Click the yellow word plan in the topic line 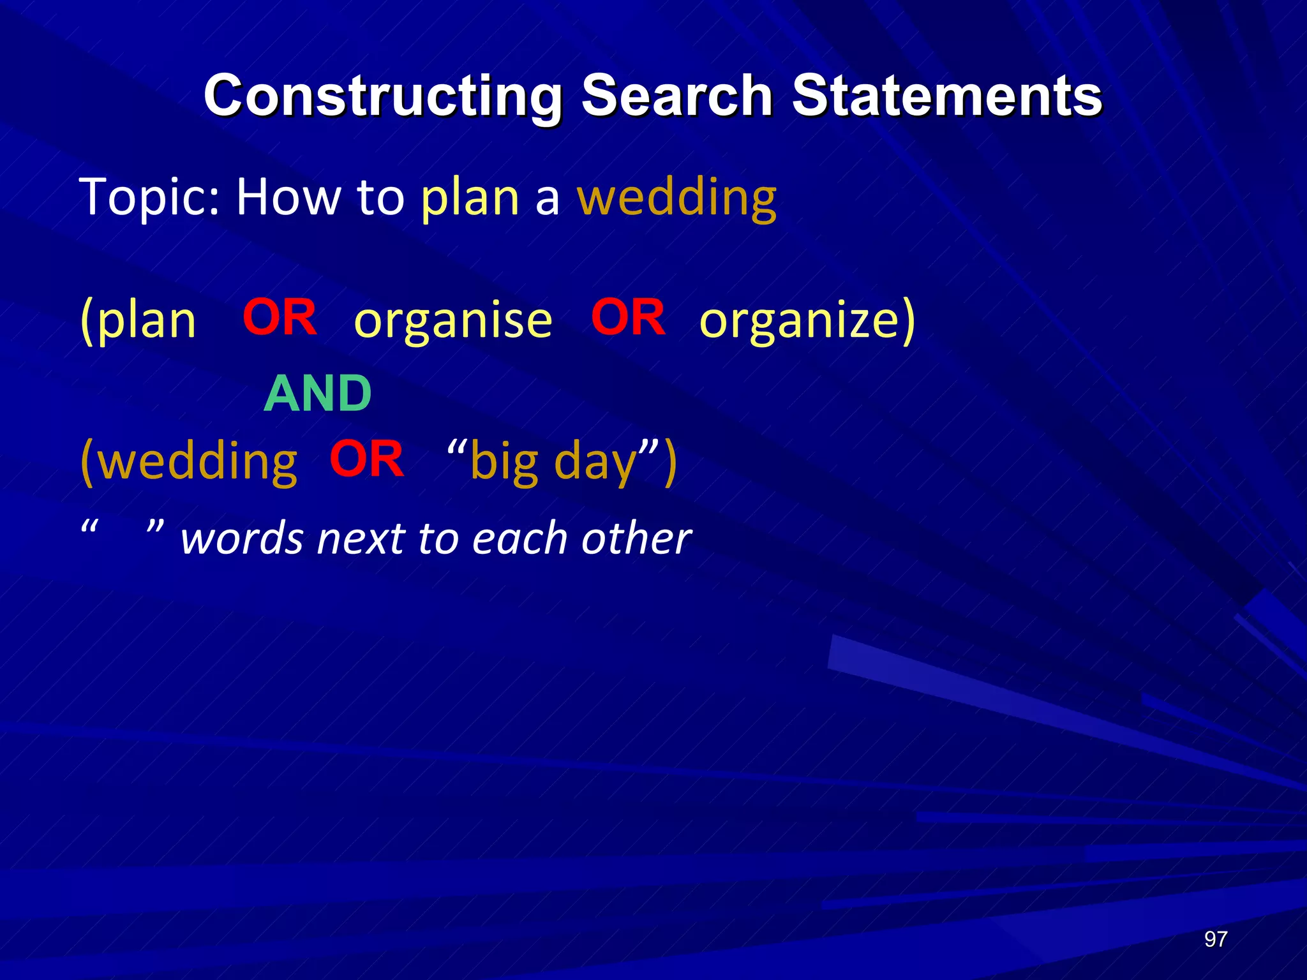[470, 198]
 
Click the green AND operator [317, 394]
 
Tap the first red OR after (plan [280, 317]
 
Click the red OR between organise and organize [628, 317]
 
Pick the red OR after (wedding [367, 459]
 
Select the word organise [453, 321]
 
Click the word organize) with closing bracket [807, 321]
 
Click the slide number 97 [1215, 939]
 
